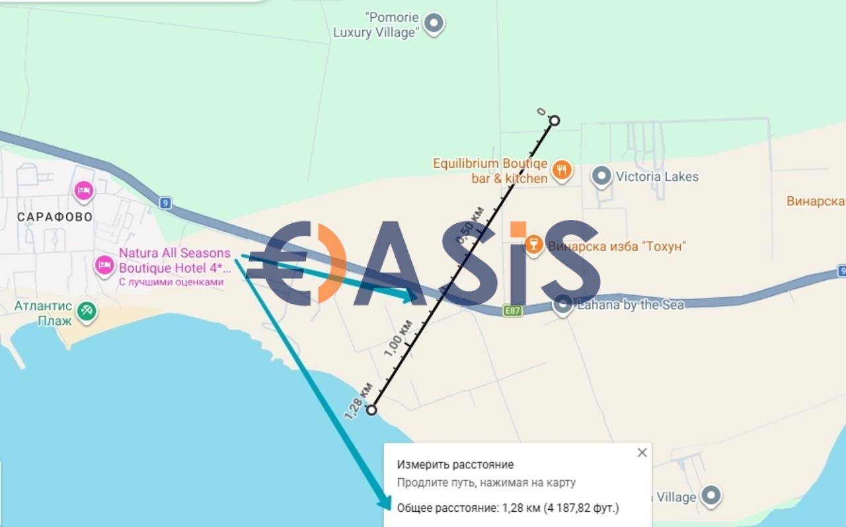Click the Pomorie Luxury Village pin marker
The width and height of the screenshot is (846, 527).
[x=434, y=23]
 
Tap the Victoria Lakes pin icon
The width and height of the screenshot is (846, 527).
[x=601, y=176]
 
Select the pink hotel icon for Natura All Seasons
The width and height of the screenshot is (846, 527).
[x=104, y=266]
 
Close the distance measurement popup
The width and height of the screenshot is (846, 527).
[x=642, y=453]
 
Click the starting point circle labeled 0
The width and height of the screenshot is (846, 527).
[x=555, y=121]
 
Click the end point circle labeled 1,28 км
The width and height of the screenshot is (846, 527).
[x=371, y=410]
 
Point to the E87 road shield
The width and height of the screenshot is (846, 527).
[x=512, y=310]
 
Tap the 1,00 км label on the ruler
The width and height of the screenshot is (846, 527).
[x=398, y=338]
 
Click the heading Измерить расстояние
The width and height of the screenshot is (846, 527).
[x=455, y=464]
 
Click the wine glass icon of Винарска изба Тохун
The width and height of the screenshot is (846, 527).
[x=533, y=246]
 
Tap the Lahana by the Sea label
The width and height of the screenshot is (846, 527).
[x=631, y=305]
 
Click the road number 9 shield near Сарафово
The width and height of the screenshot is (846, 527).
[x=165, y=203]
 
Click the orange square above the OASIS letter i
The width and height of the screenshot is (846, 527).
[x=518, y=229]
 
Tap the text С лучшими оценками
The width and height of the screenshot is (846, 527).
[x=171, y=282]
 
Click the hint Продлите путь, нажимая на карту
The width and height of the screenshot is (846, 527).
[x=486, y=483]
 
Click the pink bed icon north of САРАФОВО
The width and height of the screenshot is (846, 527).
[x=84, y=191]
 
